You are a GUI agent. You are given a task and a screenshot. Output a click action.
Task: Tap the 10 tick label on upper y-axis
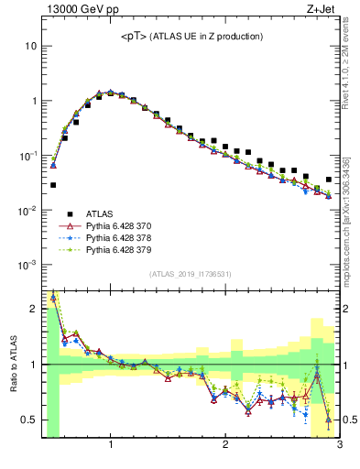click(x=31, y=46)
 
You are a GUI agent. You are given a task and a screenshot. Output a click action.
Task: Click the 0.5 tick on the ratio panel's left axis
click(x=30, y=420)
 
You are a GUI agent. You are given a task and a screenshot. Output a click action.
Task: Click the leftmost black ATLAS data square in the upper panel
click(x=53, y=185)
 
